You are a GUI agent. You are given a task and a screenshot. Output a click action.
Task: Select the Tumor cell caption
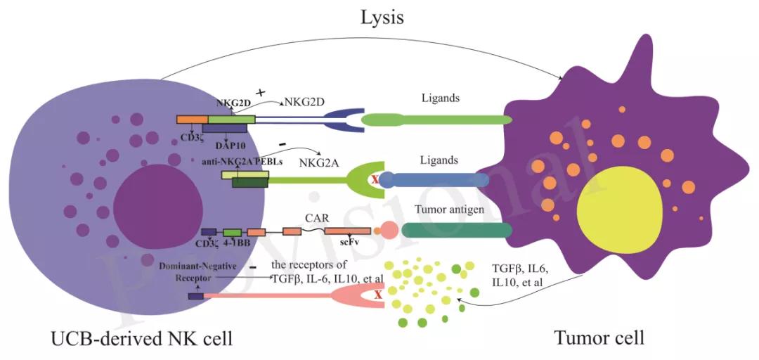coord(599,338)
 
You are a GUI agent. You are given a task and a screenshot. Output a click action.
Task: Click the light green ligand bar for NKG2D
coord(436,120)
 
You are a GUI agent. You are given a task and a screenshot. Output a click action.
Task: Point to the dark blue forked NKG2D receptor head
coord(344,120)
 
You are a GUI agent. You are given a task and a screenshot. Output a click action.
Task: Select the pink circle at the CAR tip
coord(389,230)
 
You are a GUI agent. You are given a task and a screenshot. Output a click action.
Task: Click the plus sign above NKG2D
coord(261,93)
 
